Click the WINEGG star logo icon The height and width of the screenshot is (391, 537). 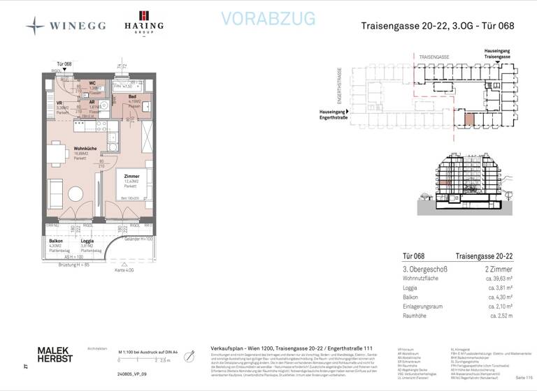pos(35,27)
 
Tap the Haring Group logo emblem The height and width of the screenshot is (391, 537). pos(144,16)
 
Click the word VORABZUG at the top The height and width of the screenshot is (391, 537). pos(268,20)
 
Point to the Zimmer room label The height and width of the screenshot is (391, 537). pos(131,176)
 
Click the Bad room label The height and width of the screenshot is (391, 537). pos(132,96)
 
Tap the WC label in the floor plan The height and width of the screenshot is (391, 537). pos(92,83)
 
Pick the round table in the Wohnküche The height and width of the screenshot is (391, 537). pos(75,193)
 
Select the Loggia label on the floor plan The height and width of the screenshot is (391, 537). pos(87,241)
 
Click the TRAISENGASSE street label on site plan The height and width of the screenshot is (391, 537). pos(435,54)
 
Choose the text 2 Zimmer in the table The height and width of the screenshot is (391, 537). pos(496,269)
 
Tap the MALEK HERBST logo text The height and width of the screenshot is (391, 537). pos(55,354)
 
